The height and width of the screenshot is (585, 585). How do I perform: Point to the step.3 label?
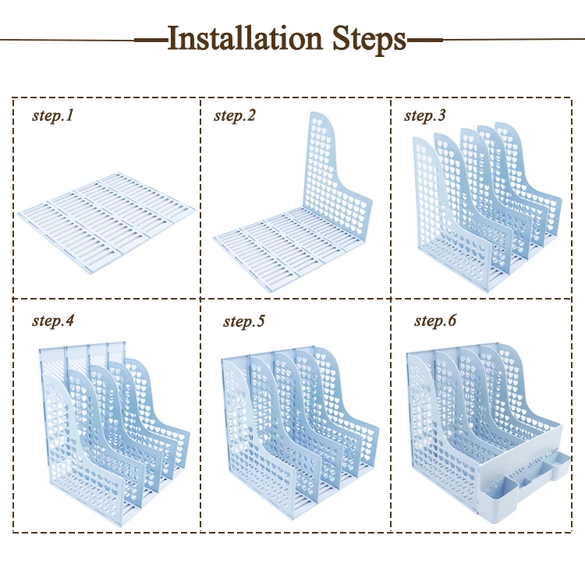click(x=424, y=116)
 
